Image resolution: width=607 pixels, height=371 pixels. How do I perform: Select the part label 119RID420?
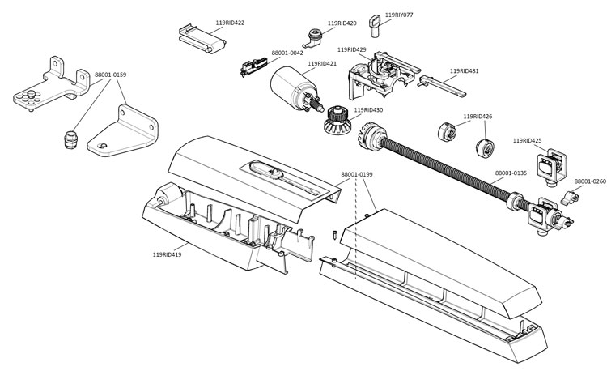(x=342, y=23)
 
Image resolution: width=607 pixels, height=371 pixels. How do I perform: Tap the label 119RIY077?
(x=399, y=15)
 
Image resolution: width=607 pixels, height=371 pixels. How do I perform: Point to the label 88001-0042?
(x=287, y=53)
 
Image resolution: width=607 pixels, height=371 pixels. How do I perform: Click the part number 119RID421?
(x=322, y=63)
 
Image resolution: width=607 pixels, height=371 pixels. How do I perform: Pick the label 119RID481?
(x=464, y=70)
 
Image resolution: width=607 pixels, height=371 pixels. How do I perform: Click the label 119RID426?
(x=478, y=117)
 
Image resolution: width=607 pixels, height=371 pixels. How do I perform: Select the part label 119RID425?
(x=527, y=141)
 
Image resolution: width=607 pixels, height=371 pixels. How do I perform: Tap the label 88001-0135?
(x=511, y=173)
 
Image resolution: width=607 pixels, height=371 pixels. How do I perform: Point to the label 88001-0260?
(x=588, y=181)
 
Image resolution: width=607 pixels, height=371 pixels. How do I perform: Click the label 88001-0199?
(x=356, y=174)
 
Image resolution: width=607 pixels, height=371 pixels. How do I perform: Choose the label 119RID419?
(x=167, y=255)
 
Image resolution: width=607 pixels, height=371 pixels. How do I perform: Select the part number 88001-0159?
(x=111, y=75)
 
